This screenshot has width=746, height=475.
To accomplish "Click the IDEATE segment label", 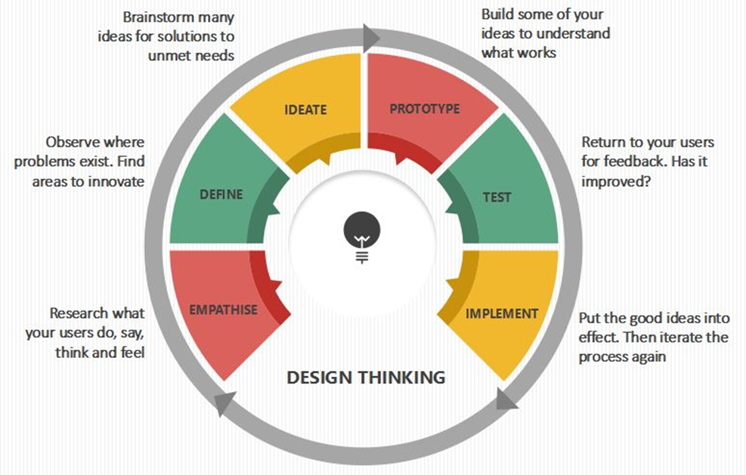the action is [x=305, y=109].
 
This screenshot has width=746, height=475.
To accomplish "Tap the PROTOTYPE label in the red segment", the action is [x=425, y=109].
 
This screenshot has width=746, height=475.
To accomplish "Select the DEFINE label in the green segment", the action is [x=221, y=195].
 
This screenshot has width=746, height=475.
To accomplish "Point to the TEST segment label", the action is [x=497, y=197].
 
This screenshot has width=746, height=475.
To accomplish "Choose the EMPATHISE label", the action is [x=224, y=310].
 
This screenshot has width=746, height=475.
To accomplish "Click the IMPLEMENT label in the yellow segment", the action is [x=502, y=314].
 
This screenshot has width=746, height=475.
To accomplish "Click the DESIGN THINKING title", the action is [x=367, y=378].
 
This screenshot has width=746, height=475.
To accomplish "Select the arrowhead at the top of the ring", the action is [x=371, y=38].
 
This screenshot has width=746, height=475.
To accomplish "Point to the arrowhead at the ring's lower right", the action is [x=506, y=399].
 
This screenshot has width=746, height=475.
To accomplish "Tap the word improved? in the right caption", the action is [x=616, y=182].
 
